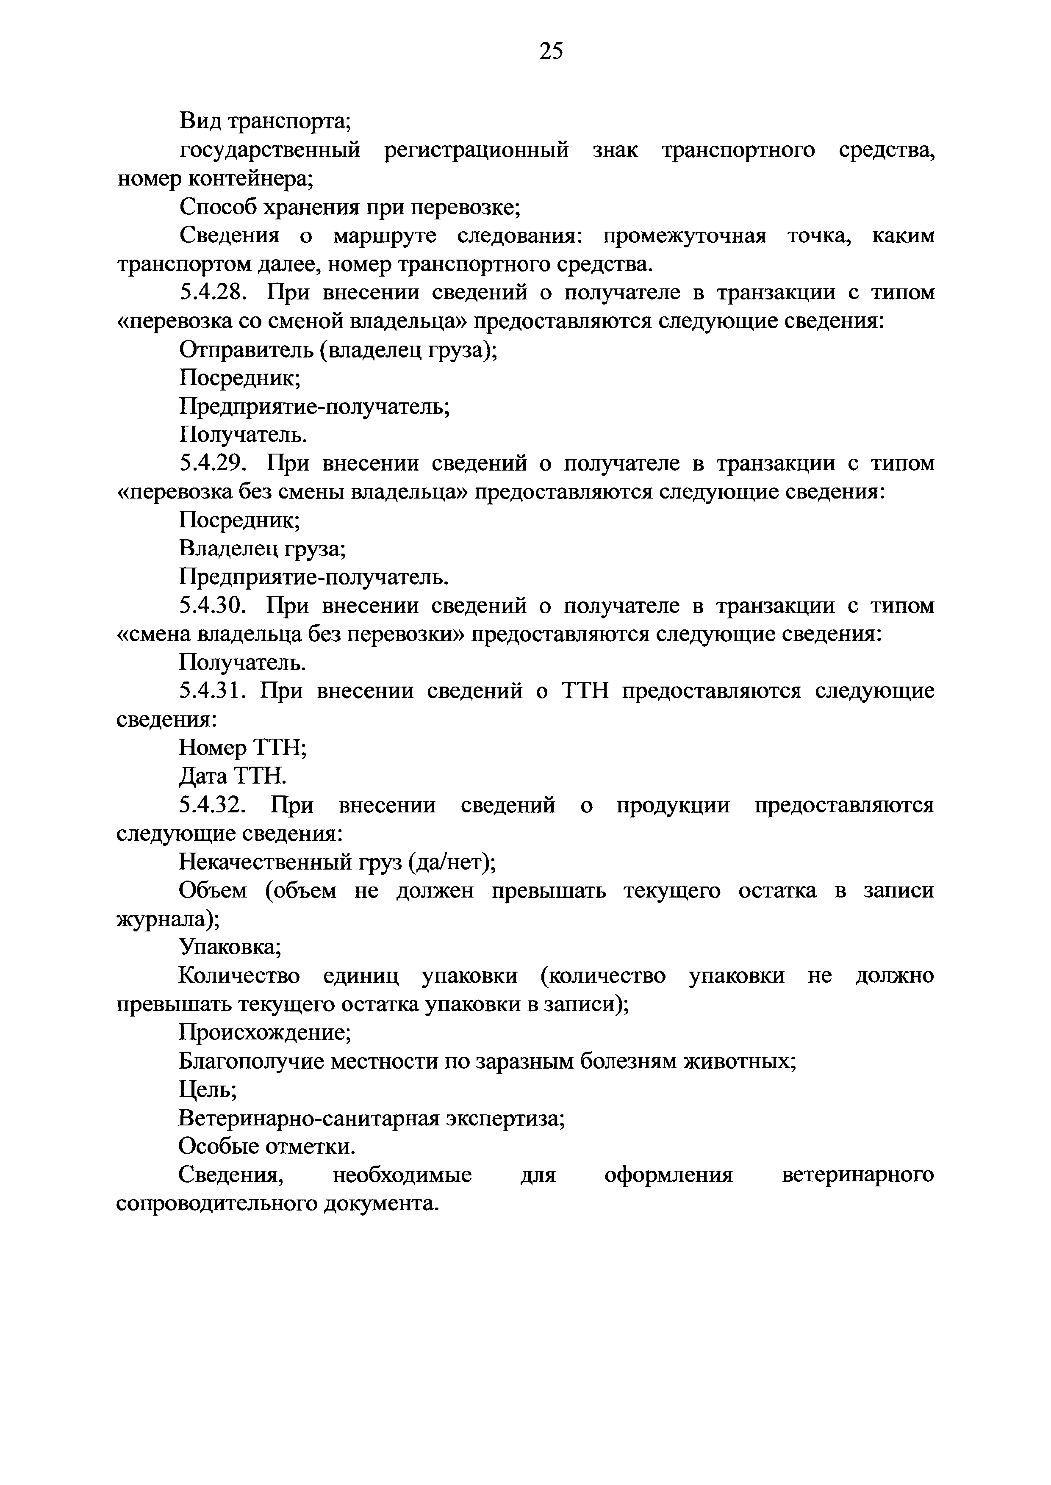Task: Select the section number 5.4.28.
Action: (213, 293)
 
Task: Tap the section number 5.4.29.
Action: (213, 463)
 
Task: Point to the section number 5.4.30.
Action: (213, 606)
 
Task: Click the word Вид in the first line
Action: (199, 121)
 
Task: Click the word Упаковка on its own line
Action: (230, 948)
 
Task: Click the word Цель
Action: (207, 1090)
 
